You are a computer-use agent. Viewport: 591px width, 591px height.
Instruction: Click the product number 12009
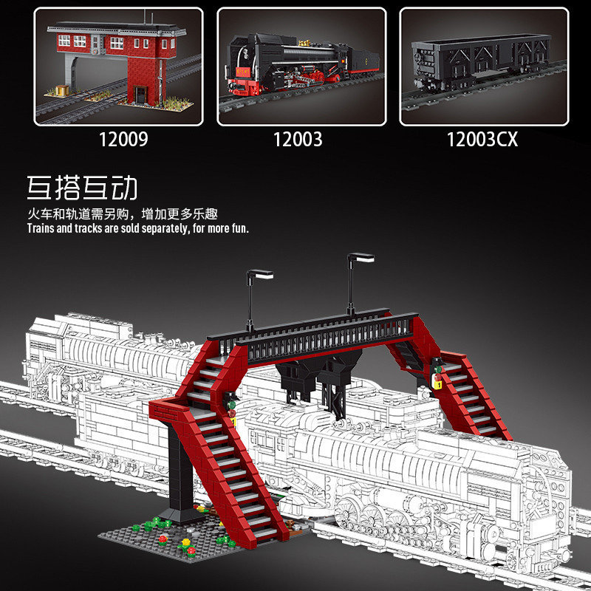click(123, 140)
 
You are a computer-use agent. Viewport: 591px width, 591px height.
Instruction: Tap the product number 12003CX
click(482, 140)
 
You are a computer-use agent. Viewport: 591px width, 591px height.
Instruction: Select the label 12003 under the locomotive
click(298, 140)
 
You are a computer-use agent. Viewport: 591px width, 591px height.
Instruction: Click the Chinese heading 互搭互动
click(82, 188)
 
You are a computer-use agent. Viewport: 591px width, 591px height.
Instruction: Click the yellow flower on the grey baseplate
click(186, 542)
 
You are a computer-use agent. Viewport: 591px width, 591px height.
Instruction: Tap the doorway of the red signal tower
click(140, 95)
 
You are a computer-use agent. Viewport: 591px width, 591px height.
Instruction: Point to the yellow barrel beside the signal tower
click(62, 90)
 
